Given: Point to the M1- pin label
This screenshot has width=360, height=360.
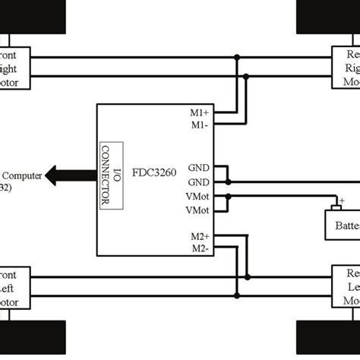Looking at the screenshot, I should coord(201,125).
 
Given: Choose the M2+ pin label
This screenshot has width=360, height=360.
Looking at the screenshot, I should coord(201,237).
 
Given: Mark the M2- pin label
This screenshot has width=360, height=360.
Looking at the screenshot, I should coord(201,248).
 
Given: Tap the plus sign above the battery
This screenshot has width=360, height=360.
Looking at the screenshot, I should coord(341,201).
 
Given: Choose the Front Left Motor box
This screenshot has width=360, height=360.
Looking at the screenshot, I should coord(14,286).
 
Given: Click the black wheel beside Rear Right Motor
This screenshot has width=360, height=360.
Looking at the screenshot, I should coord(327,17).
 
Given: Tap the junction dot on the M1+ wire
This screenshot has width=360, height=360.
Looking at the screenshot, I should coord(238,57).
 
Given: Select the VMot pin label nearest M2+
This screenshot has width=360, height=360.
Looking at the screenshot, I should coord(199,209).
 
